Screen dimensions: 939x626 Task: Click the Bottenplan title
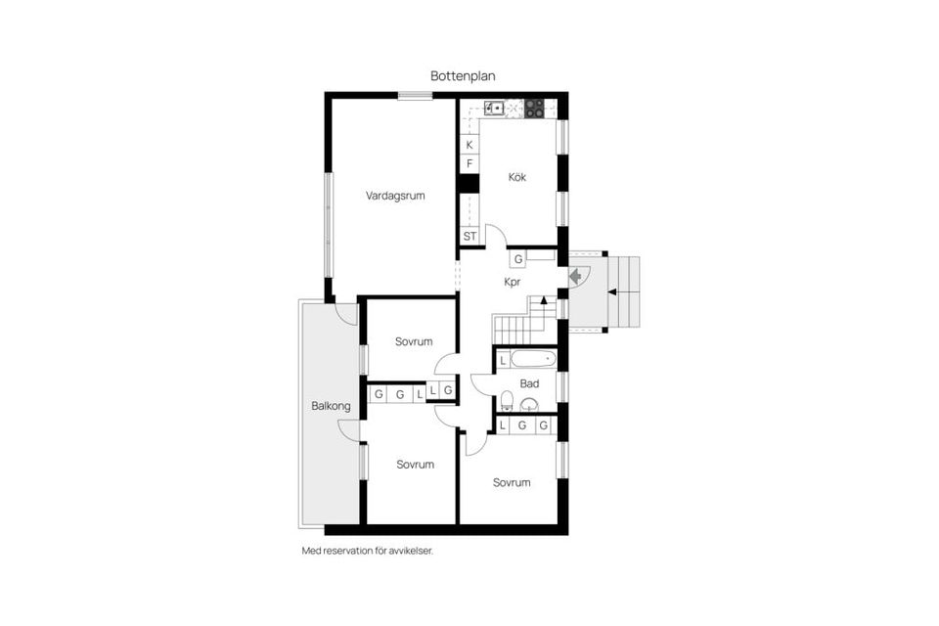pos(463,76)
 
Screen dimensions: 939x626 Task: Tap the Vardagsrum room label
pos(395,196)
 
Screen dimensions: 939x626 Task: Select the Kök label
pos(516,177)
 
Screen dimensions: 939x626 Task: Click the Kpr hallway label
pos(512,282)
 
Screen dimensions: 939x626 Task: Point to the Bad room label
pos(529,383)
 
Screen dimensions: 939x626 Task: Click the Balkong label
pos(331,406)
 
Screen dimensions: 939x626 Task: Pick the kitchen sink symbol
pos(494,109)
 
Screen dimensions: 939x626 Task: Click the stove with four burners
pos(535,109)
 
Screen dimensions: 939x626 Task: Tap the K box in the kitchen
pos(469,145)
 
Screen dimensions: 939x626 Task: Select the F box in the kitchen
pos(469,163)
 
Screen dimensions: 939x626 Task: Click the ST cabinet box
pos(470,236)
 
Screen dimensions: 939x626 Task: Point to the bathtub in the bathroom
pos(533,359)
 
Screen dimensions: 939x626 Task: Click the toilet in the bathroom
pos(507,400)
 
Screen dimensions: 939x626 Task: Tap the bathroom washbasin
pos(529,404)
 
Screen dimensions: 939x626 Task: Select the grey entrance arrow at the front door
pos(575,276)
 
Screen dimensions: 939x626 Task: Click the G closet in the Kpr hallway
pos(518,259)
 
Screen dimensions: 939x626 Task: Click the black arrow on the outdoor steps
pos(612,291)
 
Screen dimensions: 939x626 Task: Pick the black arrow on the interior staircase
pos(544,299)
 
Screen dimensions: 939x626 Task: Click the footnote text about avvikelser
pos(367,551)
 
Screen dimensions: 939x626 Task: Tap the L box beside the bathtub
pos(503,361)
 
